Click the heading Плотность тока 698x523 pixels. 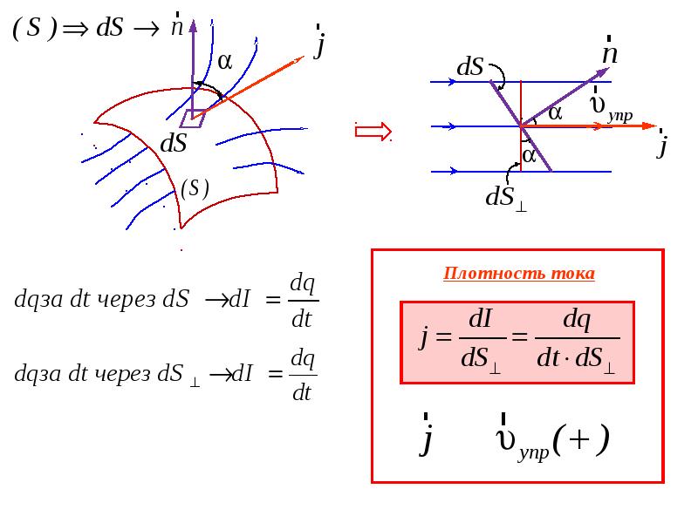[518, 273]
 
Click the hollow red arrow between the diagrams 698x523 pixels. [373, 132]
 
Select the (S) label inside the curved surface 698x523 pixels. [195, 188]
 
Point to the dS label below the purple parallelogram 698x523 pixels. [173, 143]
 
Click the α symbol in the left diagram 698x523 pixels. [225, 61]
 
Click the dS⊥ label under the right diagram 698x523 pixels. [506, 198]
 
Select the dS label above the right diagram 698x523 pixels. [470, 67]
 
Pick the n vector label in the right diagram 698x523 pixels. [610, 51]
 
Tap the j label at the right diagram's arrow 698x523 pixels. [663, 144]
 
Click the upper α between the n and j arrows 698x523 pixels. [555, 113]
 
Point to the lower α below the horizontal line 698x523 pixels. [530, 156]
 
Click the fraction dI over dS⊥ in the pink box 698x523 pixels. [482, 341]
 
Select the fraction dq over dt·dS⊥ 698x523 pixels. [578, 341]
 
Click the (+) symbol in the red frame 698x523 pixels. [580, 439]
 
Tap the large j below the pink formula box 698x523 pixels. [426, 435]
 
